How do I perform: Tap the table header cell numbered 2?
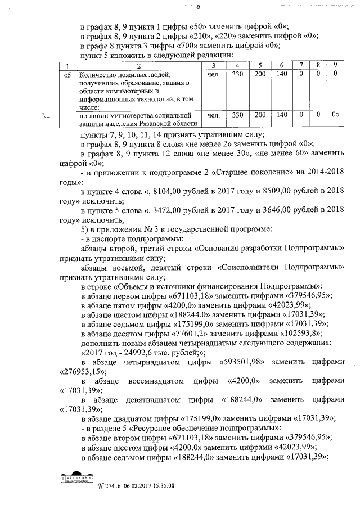click(138, 65)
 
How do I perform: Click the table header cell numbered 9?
click(335, 65)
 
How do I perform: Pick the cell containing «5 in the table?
click(69, 74)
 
